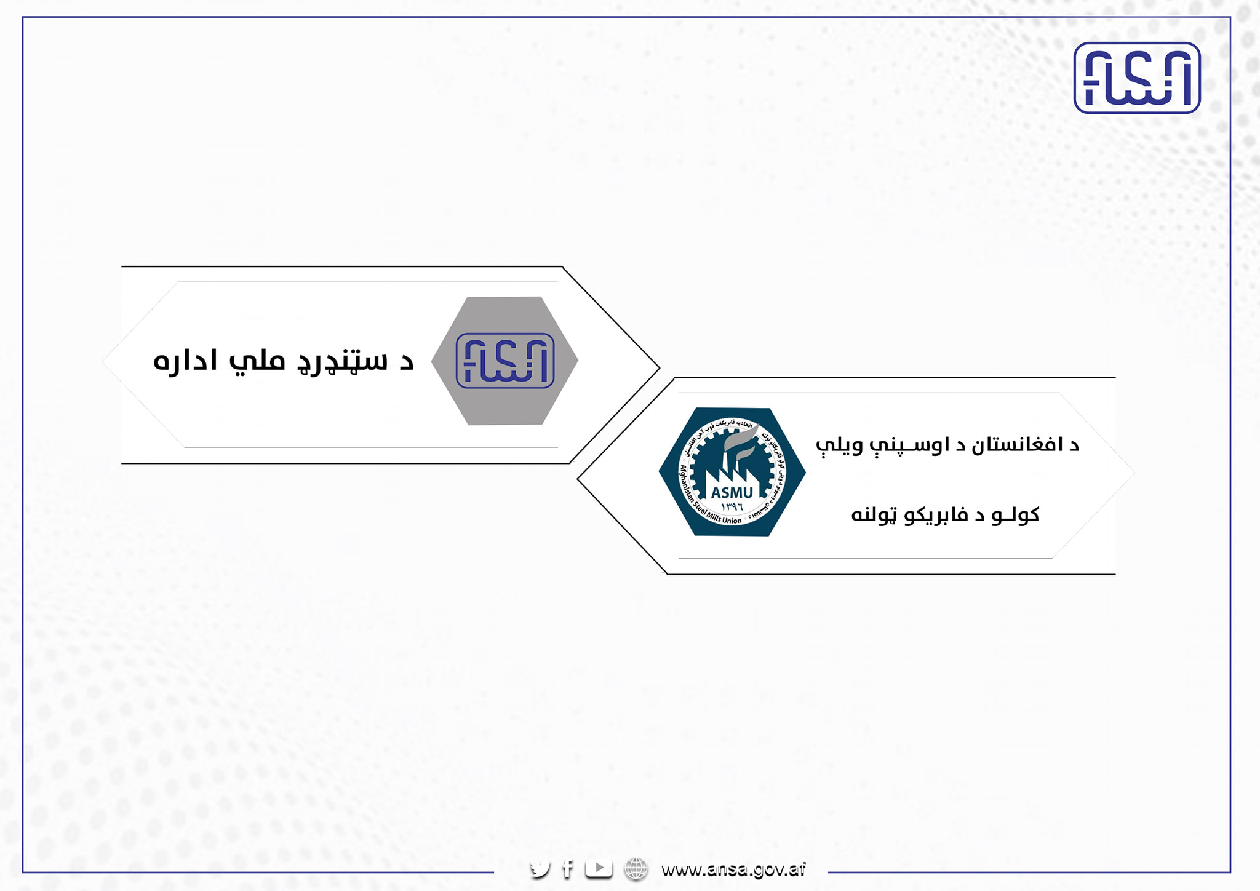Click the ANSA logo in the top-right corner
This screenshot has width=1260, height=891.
[x=1137, y=78]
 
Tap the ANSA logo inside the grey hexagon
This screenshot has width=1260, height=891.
[x=504, y=361]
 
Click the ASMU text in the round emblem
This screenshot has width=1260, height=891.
[x=732, y=492]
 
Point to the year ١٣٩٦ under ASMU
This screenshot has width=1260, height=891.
[x=732, y=506]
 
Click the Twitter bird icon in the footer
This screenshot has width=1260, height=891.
[x=540, y=869]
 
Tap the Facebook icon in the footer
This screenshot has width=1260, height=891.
[x=568, y=869]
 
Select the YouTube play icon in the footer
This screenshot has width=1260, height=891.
[x=599, y=868]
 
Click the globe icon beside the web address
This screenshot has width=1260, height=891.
[x=636, y=869]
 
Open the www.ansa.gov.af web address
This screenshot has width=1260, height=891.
[x=733, y=869]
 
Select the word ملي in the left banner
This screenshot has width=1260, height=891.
[x=257, y=361]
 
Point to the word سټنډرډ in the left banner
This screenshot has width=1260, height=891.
[x=343, y=362]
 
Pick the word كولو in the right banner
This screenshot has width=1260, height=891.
[x=1015, y=514]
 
